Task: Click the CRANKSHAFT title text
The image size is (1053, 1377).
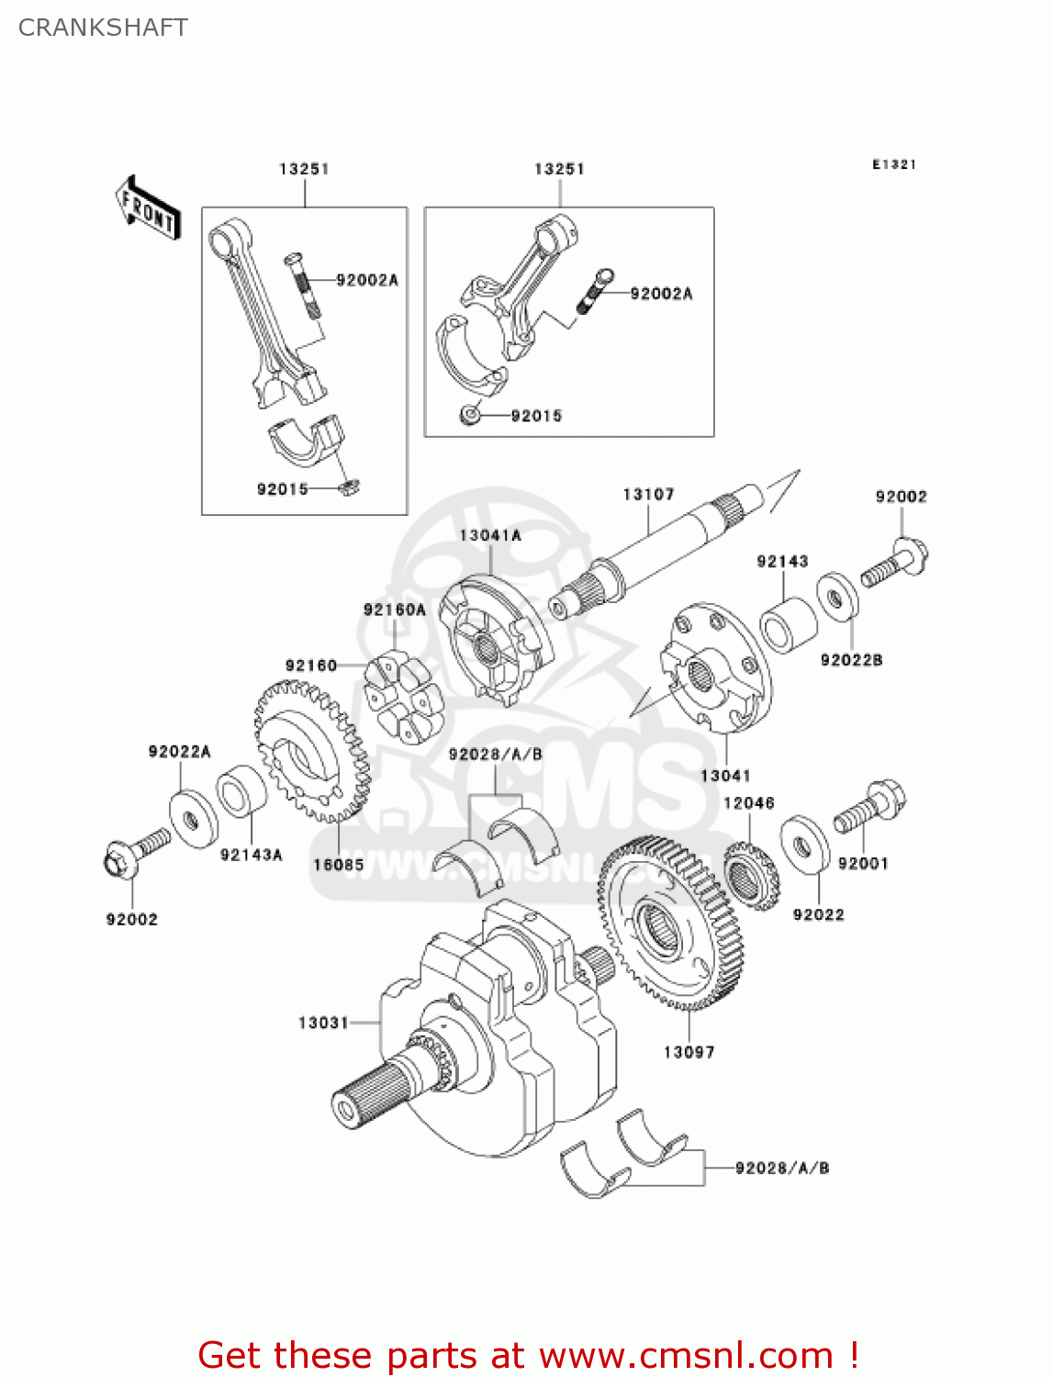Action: (103, 28)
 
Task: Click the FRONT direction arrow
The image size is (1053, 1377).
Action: (147, 208)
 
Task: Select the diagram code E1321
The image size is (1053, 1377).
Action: (893, 164)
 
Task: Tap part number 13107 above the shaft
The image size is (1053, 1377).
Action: (648, 495)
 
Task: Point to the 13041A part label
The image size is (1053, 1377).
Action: (490, 535)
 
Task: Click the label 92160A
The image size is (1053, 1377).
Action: (395, 610)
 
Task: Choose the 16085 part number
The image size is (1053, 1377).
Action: (338, 865)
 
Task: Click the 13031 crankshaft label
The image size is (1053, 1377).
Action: (323, 1023)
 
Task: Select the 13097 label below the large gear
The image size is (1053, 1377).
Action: (689, 1052)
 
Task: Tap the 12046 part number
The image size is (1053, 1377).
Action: (748, 803)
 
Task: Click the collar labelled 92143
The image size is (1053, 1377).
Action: (788, 624)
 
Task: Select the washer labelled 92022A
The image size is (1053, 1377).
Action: (193, 818)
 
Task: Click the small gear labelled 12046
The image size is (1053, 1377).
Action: (751, 878)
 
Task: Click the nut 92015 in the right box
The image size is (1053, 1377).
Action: (469, 416)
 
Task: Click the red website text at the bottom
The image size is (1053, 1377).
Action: (528, 1355)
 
